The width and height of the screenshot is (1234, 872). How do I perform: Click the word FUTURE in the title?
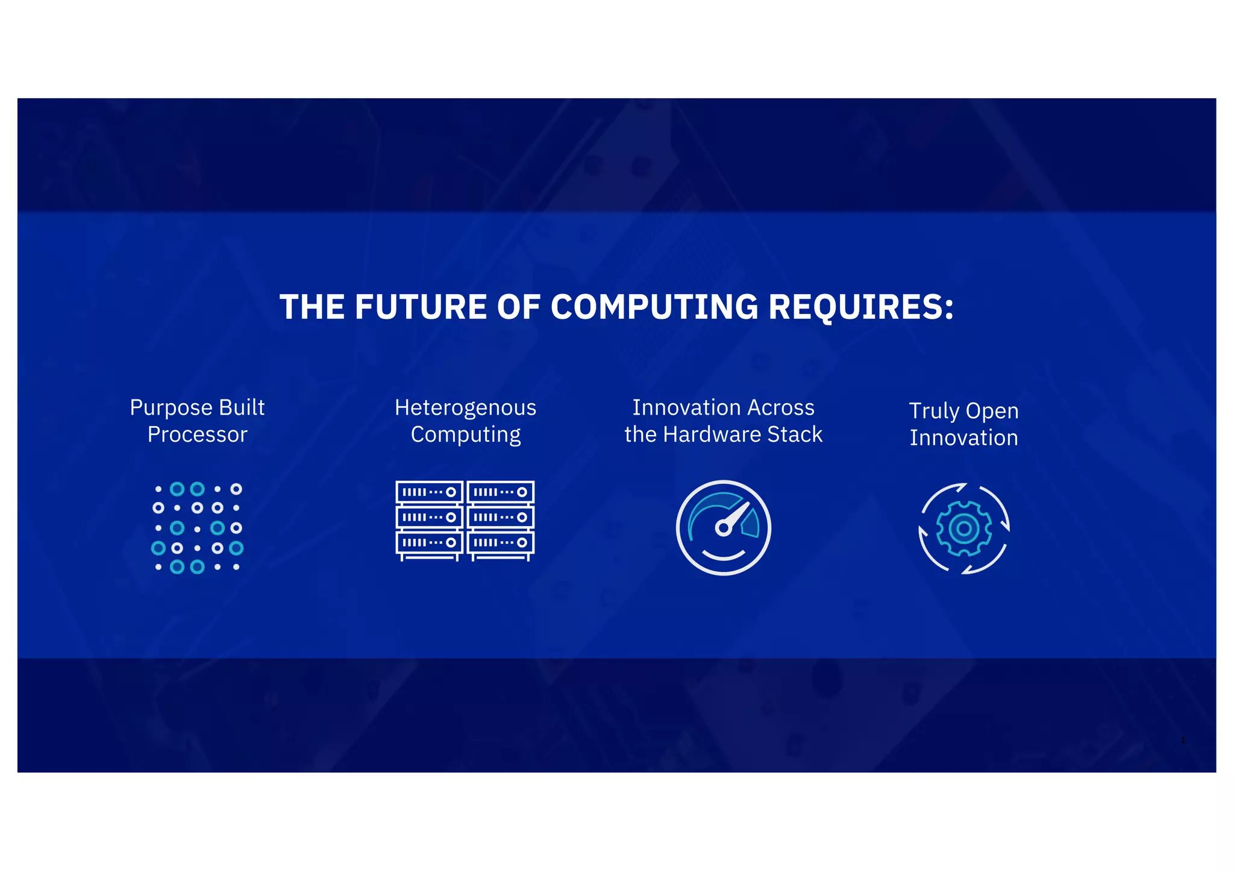click(x=421, y=307)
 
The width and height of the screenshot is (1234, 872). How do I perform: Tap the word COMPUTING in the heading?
click(x=654, y=307)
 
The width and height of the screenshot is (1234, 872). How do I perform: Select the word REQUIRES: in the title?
click(x=861, y=307)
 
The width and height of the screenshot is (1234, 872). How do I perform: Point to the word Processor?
click(x=197, y=434)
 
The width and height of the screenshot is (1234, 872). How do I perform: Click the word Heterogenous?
click(x=465, y=408)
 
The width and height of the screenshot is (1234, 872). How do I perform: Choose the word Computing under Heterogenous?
click(x=465, y=434)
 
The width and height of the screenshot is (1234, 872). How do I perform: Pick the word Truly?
click(x=934, y=411)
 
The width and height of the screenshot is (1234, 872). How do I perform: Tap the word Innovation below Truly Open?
click(x=963, y=438)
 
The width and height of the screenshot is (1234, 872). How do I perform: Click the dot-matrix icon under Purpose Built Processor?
click(x=197, y=528)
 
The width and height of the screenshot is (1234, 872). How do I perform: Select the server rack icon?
click(x=465, y=521)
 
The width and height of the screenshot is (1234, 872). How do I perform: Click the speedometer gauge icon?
click(x=723, y=528)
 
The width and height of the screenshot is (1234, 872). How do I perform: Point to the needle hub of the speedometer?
click(x=723, y=529)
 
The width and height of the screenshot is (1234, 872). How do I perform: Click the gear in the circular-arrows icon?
click(x=963, y=529)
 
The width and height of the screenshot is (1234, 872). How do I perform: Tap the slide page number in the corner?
click(x=1183, y=740)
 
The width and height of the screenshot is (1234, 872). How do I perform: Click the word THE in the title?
click(x=312, y=307)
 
